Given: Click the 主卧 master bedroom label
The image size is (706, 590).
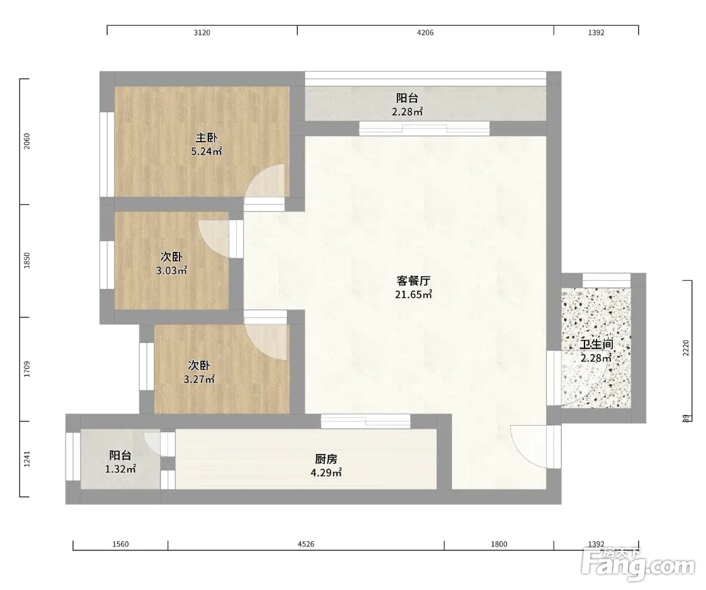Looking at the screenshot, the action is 207,138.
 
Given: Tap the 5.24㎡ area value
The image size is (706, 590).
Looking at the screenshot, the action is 207,152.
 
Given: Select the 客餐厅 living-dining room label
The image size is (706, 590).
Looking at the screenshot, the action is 413,281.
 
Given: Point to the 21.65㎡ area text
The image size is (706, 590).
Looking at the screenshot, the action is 413,295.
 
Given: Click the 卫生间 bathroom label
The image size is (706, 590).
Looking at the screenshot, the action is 596,344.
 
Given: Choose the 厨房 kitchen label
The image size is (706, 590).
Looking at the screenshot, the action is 326,459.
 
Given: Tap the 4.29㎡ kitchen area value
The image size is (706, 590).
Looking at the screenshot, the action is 326,473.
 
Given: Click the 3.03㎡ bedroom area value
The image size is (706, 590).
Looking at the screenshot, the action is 171,271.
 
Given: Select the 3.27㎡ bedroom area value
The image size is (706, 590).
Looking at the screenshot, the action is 199,380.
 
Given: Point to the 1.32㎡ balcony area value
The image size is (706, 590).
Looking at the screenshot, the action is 121,469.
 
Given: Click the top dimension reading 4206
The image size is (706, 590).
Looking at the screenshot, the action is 426,33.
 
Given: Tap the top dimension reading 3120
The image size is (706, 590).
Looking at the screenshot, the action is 202,33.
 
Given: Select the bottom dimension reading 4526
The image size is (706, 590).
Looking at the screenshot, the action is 306,544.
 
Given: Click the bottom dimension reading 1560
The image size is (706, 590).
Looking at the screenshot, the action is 121,544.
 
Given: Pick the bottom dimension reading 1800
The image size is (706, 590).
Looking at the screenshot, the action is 499,544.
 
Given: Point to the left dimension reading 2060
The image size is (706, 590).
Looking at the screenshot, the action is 27,142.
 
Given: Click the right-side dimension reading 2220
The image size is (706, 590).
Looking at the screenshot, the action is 686,348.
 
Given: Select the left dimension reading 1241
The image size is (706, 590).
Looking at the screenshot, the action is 27,459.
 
